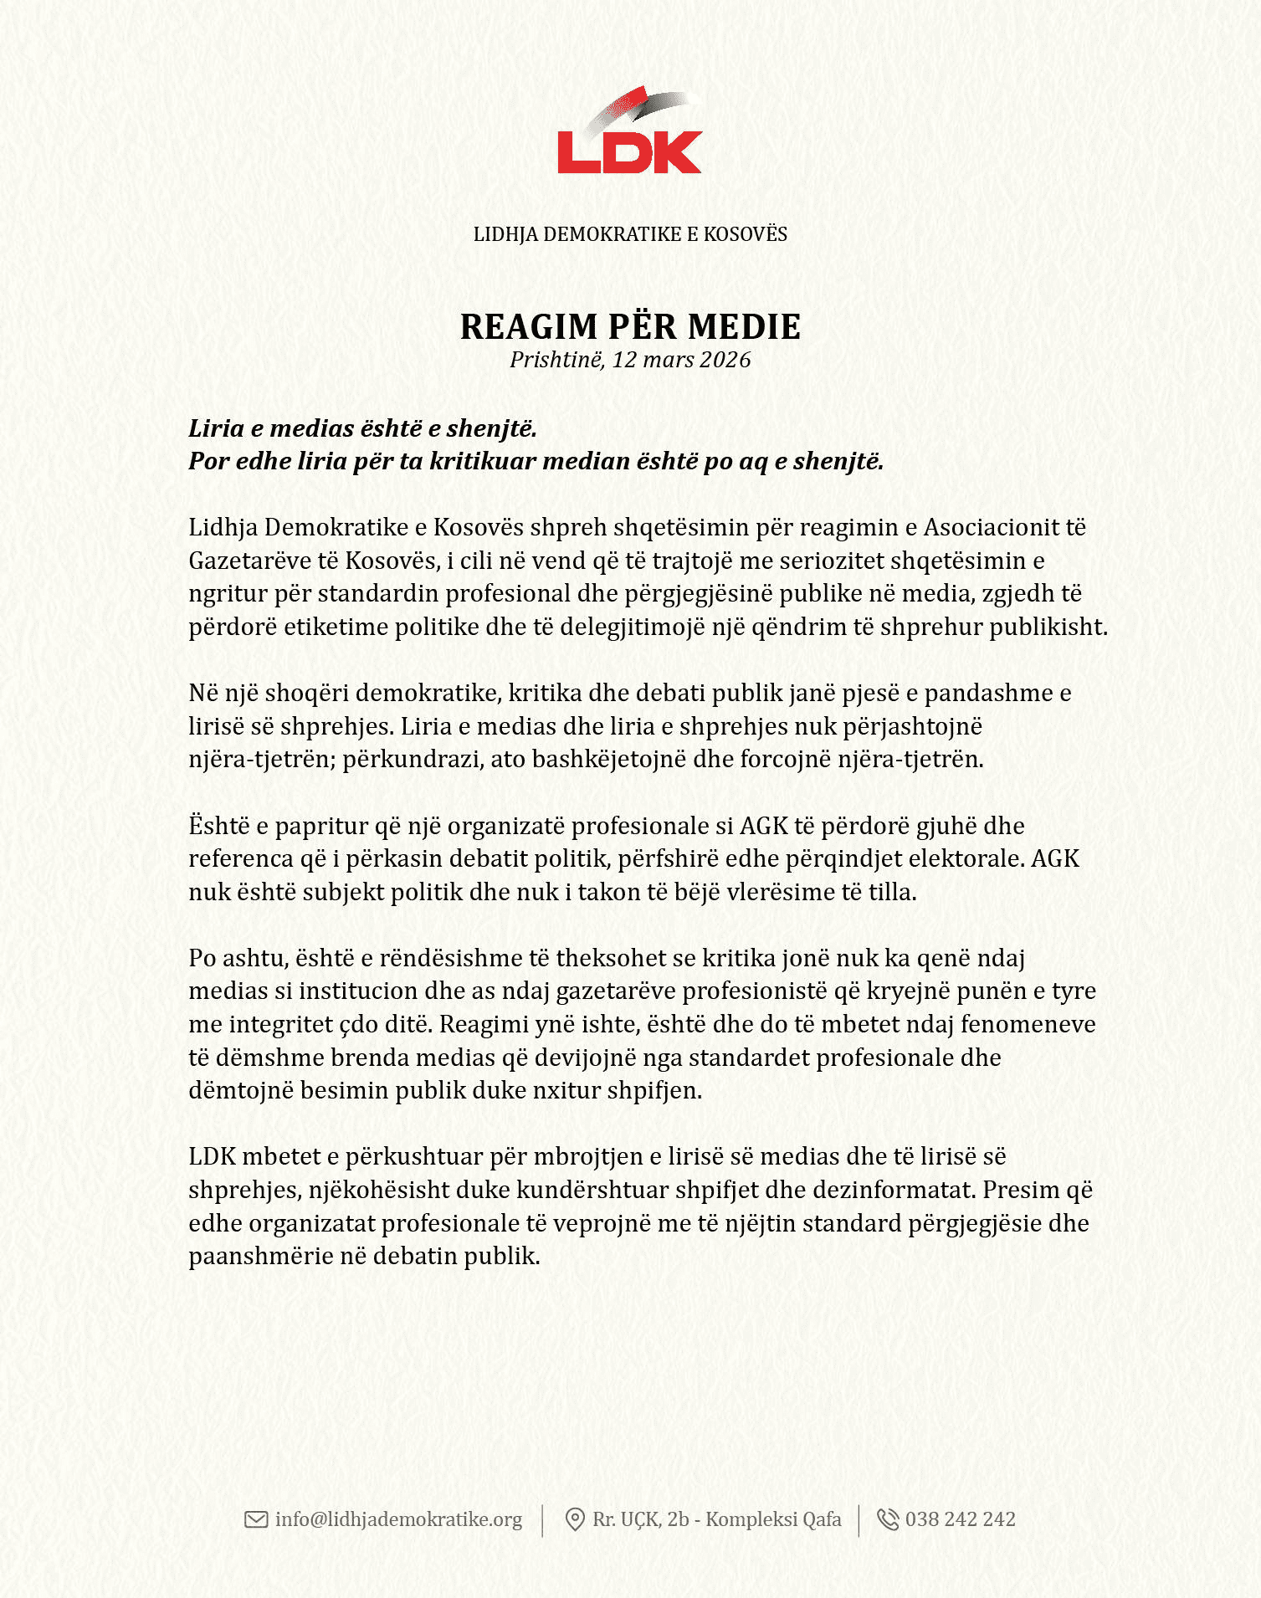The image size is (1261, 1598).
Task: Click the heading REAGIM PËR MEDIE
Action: pyautogui.click(x=630, y=326)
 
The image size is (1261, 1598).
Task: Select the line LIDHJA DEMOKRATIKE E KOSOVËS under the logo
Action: pyautogui.click(x=630, y=234)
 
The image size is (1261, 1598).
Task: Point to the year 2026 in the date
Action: pyautogui.click(x=725, y=360)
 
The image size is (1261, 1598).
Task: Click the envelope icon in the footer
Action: pyautogui.click(x=256, y=1519)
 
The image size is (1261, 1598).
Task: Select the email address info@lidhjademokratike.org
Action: pyautogui.click(x=398, y=1519)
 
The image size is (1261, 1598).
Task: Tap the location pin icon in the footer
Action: pyautogui.click(x=575, y=1519)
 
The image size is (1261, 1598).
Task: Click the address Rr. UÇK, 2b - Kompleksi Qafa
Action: pyautogui.click(x=717, y=1519)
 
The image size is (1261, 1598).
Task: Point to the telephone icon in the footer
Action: pyautogui.click(x=887, y=1519)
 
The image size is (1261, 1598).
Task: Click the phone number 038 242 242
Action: pyautogui.click(x=961, y=1519)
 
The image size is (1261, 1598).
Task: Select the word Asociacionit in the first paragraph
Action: pyautogui.click(x=991, y=527)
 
